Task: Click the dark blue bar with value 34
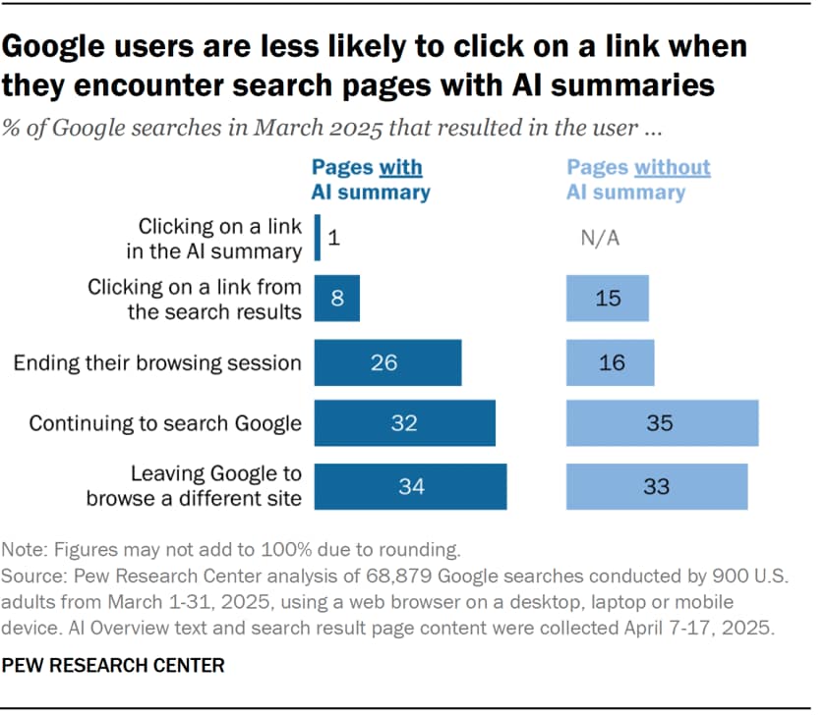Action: [410, 486]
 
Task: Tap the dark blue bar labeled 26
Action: [387, 362]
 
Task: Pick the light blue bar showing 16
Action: [610, 362]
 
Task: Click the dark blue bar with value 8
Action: [337, 299]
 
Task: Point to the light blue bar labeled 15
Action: [608, 299]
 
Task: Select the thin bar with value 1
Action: [317, 238]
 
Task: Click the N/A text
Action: [601, 238]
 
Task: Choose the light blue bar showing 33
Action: [657, 486]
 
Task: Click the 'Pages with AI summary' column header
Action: [371, 179]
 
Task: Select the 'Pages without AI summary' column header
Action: [637, 179]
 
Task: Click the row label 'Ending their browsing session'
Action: [157, 362]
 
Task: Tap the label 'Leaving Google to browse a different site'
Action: [193, 486]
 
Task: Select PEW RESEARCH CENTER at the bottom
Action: [113, 666]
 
